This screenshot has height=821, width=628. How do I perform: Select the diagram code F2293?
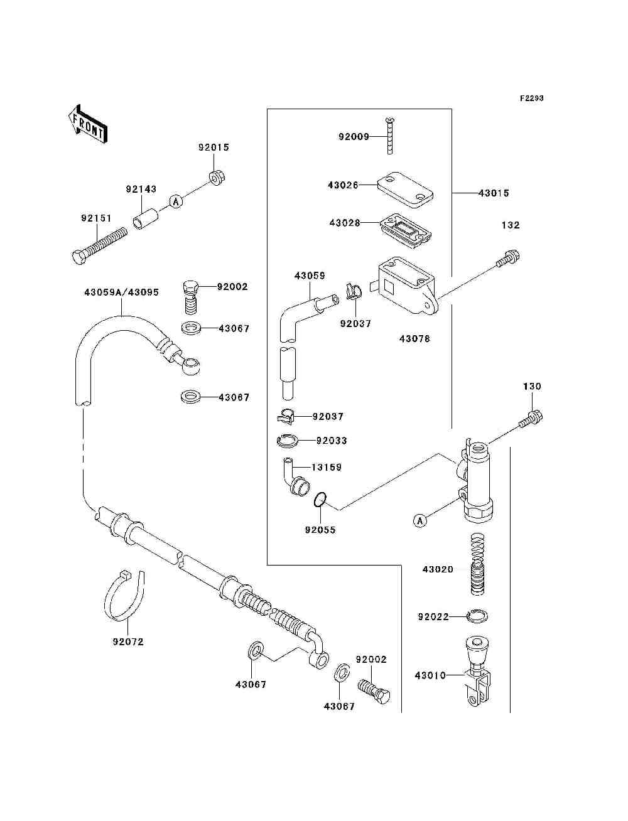point(531,99)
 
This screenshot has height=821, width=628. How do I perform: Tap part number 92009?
point(354,137)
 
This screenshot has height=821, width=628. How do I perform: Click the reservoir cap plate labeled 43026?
point(405,190)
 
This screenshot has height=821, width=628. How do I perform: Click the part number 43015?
point(494,193)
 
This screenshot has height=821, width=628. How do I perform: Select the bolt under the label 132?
point(508,259)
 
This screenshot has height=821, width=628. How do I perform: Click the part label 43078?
point(414,339)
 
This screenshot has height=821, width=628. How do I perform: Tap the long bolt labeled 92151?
point(99,246)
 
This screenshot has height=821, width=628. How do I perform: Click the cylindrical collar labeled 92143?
point(146,219)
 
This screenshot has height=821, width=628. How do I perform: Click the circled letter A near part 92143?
point(176,202)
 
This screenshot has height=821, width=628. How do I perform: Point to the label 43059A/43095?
point(121,292)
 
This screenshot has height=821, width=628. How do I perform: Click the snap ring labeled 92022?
point(477,616)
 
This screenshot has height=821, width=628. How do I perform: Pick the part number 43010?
point(430,675)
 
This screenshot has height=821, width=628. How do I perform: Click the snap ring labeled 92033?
point(288,441)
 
